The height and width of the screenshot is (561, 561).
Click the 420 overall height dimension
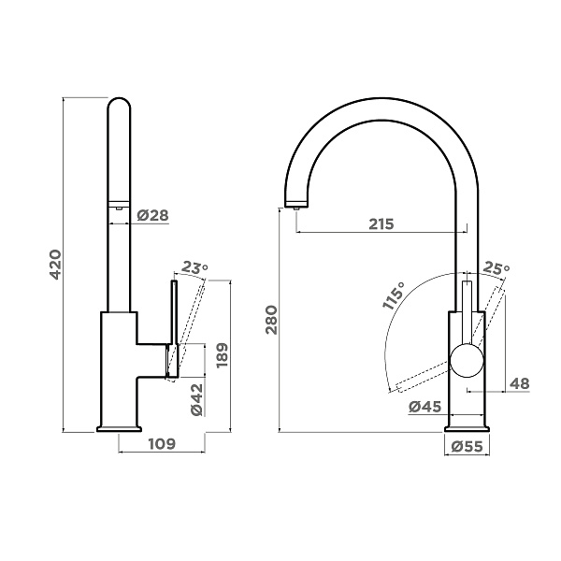(x=55, y=265)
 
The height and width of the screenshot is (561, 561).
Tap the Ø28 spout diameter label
(x=152, y=215)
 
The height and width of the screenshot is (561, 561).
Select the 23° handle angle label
(x=194, y=267)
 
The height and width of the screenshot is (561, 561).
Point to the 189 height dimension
(x=222, y=355)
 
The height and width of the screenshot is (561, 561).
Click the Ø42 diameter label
(x=196, y=399)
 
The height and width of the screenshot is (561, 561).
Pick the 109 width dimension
(x=162, y=443)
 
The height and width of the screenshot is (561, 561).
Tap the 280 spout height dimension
(x=271, y=320)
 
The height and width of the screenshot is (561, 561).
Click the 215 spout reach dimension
(x=381, y=224)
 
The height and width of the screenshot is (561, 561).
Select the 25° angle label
(x=496, y=268)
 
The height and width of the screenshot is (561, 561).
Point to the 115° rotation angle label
(x=394, y=295)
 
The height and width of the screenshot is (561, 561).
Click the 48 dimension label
(x=519, y=383)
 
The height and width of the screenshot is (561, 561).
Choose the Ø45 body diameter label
(x=424, y=407)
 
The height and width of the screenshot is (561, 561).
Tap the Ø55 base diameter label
(x=467, y=446)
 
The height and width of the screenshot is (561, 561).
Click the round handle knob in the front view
(x=467, y=360)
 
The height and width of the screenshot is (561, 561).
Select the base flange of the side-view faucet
(x=119, y=428)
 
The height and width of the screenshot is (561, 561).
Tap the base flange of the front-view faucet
(x=467, y=429)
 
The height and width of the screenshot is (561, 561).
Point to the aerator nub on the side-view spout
(x=119, y=209)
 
